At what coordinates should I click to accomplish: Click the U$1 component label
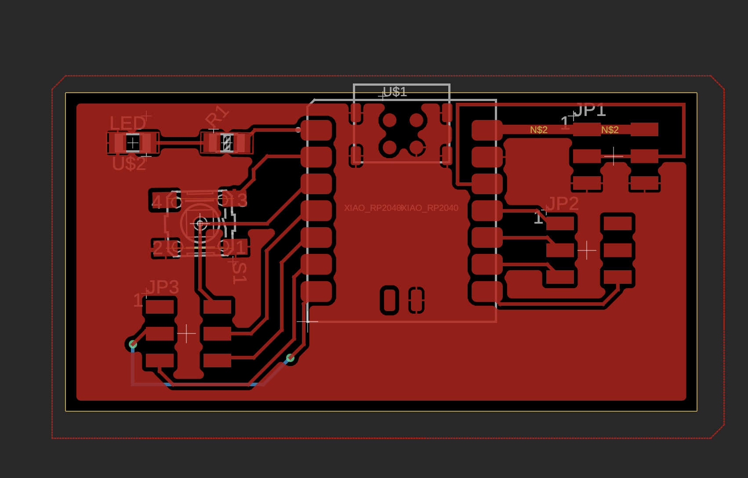click(x=395, y=92)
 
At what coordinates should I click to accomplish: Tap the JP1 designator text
click(x=590, y=110)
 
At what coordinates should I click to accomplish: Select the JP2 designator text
click(x=562, y=204)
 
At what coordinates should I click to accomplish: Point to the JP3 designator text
click(x=163, y=288)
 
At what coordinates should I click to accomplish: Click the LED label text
click(x=127, y=123)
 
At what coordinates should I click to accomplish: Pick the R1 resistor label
click(x=217, y=117)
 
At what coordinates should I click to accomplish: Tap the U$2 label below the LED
click(x=129, y=164)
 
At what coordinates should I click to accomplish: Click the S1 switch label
click(x=240, y=272)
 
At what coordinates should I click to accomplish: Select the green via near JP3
click(x=133, y=344)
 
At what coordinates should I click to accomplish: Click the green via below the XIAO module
click(x=290, y=358)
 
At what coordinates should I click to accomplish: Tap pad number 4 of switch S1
click(x=164, y=201)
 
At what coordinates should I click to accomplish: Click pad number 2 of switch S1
click(x=165, y=248)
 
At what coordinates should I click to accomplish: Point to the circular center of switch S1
click(x=200, y=224)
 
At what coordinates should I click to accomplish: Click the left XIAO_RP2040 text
click(x=372, y=208)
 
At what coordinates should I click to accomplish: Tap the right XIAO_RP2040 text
click(x=430, y=208)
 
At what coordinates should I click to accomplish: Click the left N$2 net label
click(x=538, y=130)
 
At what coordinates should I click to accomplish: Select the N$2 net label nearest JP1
click(x=610, y=130)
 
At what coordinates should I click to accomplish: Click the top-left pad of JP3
click(x=160, y=307)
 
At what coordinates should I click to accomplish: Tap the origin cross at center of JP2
click(x=587, y=250)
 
